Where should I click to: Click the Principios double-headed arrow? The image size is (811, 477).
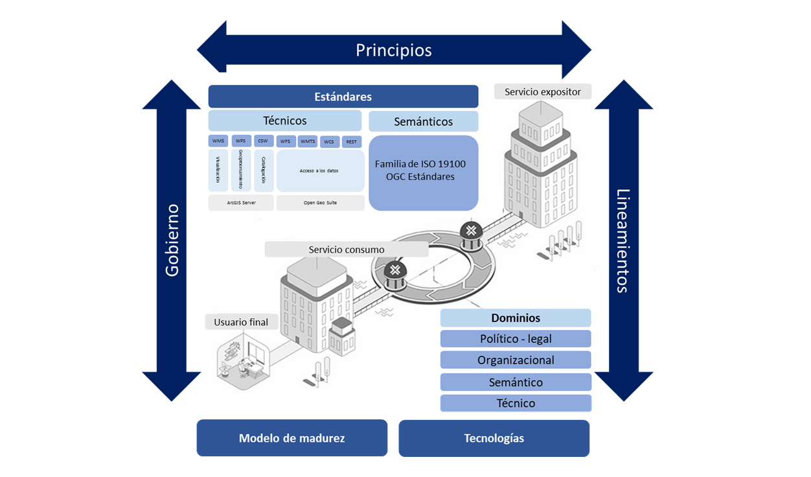[394, 50]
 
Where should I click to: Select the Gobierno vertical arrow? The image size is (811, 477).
[172, 240]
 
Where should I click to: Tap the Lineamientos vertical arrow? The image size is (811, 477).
[623, 240]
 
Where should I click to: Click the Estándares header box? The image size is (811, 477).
[343, 97]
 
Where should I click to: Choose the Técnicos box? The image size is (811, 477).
[285, 121]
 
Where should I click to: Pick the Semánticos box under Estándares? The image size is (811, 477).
[423, 121]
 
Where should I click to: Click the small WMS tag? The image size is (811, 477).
[218, 141]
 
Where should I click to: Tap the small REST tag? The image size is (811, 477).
[351, 142]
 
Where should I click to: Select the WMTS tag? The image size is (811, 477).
[308, 141]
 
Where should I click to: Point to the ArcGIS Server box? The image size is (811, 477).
[241, 203]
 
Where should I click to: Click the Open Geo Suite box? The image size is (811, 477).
[320, 203]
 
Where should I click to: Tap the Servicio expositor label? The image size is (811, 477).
[543, 91]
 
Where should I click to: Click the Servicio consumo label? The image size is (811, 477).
[347, 250]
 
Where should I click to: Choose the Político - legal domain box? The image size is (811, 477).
[516, 339]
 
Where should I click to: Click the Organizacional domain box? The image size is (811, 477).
[516, 360]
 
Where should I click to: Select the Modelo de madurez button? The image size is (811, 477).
[291, 438]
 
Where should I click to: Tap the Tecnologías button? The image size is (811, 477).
[494, 438]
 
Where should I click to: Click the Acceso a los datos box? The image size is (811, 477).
[320, 171]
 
